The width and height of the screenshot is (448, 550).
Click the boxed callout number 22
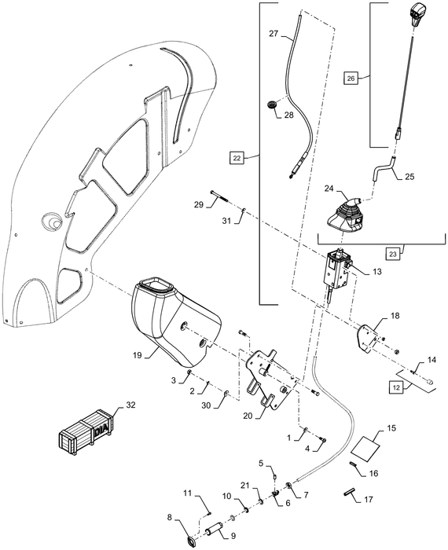point(237,158)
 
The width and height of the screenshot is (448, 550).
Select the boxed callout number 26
point(351,78)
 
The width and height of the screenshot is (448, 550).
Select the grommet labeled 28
point(273,104)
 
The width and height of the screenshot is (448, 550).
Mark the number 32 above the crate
point(129,407)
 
